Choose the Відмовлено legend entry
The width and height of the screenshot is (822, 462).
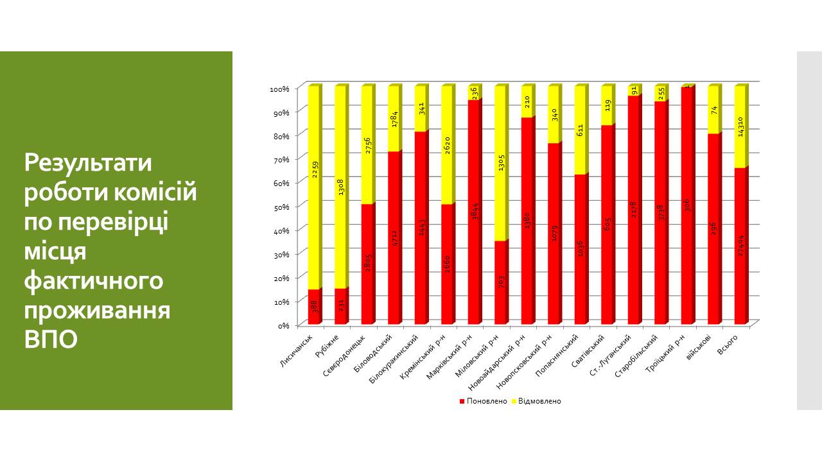click(536, 401)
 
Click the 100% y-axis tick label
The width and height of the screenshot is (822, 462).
click(280, 88)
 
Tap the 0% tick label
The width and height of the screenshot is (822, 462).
click(283, 325)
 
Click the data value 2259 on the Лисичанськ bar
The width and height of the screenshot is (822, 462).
click(315, 169)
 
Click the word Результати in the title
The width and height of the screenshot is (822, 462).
click(88, 163)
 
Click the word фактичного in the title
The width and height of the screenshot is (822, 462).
click(94, 281)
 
